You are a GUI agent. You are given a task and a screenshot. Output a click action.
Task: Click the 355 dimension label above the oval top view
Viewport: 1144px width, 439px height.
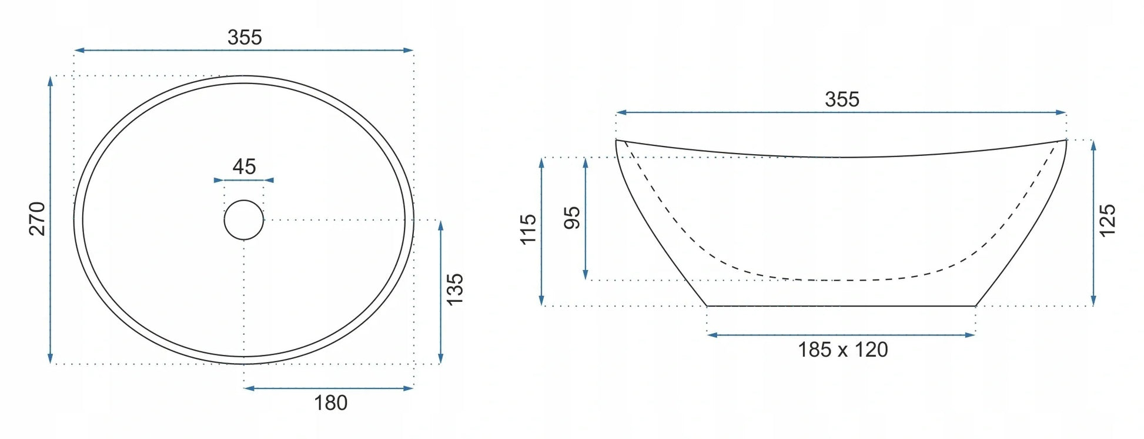click(x=245, y=38)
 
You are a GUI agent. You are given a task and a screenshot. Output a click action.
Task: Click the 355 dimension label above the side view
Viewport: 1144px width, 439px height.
click(x=842, y=99)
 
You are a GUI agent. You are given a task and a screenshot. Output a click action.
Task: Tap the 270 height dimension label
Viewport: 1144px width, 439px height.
click(x=37, y=219)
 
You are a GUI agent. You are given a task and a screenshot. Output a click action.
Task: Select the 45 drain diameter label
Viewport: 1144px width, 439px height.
click(x=244, y=167)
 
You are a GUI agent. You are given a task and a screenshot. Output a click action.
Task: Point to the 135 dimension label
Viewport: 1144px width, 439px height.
click(x=455, y=289)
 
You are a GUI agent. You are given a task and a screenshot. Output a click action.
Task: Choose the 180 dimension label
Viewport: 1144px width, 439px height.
click(x=330, y=403)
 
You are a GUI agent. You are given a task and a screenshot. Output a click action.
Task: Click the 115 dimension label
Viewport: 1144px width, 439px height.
click(x=528, y=230)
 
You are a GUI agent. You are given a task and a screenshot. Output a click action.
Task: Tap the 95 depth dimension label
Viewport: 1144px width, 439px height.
click(x=572, y=218)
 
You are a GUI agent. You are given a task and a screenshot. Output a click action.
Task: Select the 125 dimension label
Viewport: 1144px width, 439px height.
click(x=1107, y=221)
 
